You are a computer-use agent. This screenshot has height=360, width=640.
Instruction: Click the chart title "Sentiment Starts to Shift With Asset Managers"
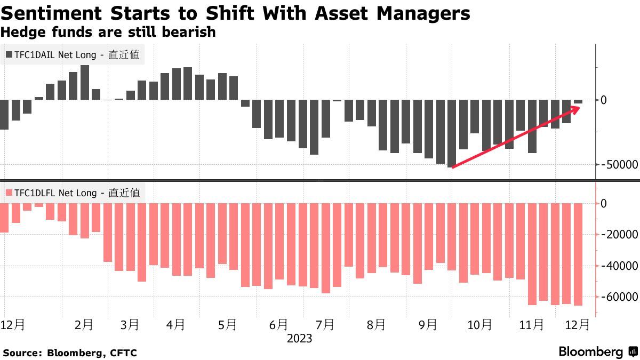tap(235, 13)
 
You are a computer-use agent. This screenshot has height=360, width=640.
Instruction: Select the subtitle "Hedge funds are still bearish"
tap(108, 32)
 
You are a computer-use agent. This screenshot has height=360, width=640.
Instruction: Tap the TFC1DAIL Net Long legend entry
tap(73, 54)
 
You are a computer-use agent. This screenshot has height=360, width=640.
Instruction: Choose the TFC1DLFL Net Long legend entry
tap(73, 193)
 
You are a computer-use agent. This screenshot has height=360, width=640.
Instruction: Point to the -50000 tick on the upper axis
tap(619, 165)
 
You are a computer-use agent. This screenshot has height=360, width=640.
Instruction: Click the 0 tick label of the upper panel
tap(604, 100)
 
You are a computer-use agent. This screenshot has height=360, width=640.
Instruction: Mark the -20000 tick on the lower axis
tap(619, 234)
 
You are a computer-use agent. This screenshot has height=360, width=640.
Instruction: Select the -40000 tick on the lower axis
tap(619, 266)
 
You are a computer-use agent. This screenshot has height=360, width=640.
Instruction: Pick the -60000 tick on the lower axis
tap(619, 297)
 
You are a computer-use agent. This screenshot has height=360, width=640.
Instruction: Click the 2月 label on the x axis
tap(84, 325)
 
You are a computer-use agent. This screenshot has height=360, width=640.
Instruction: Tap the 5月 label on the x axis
tap(228, 325)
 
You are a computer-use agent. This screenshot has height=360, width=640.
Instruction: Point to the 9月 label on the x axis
tap(428, 325)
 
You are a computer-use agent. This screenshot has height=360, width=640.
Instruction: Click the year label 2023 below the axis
tap(299, 339)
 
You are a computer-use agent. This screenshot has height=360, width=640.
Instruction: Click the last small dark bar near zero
tap(578, 101)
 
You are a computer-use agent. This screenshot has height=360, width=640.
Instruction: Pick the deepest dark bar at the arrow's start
tap(452, 133)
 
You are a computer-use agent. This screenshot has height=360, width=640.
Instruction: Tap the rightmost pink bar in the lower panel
tap(578, 254)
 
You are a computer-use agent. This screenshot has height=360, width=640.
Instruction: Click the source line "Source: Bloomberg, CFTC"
tap(70, 353)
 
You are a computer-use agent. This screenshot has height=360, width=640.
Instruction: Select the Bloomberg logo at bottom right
tap(598, 352)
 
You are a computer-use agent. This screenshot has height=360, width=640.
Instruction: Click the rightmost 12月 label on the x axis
tap(577, 325)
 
